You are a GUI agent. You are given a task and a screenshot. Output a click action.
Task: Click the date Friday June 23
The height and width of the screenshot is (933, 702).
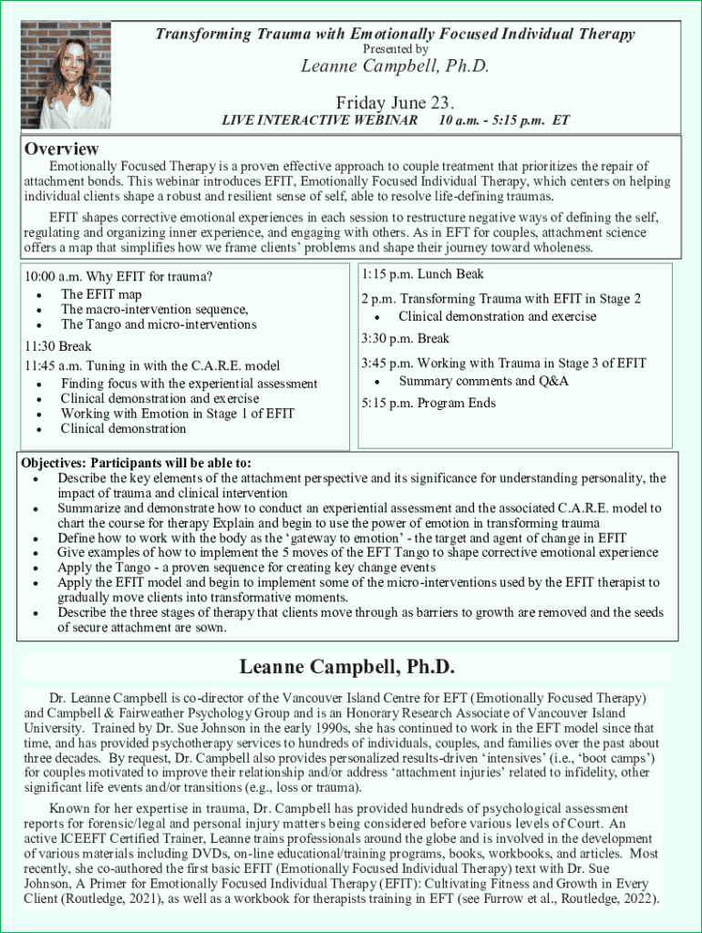point(395,101)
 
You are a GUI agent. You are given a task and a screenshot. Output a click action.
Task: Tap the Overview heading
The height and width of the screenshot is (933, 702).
point(62,149)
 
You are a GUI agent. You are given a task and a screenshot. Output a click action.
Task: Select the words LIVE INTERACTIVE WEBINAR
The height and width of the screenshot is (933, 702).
point(320,120)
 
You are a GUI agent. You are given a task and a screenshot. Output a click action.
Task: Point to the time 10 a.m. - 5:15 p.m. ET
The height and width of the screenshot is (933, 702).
point(503,120)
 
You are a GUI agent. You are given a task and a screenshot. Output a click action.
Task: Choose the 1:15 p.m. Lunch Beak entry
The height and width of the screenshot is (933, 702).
point(422,273)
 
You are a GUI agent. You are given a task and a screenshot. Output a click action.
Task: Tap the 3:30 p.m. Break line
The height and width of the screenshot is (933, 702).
point(405,338)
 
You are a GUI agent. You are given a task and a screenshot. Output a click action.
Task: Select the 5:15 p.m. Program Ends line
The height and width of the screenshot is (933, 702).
point(428,403)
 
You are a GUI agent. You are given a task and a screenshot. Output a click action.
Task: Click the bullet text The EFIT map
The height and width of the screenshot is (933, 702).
point(101,294)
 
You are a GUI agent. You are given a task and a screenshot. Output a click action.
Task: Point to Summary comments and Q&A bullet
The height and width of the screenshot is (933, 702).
point(483,381)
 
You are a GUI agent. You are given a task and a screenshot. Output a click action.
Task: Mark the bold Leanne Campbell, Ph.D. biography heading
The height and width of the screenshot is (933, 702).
point(346,667)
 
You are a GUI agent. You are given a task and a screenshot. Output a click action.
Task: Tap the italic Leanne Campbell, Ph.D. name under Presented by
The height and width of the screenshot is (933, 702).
point(395,67)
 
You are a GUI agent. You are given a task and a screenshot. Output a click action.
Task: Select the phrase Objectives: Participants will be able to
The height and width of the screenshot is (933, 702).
point(136,462)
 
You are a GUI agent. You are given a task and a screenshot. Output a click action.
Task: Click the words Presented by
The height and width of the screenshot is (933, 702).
point(395,49)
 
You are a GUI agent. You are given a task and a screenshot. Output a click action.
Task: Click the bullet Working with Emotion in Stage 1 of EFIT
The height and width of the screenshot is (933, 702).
point(178,414)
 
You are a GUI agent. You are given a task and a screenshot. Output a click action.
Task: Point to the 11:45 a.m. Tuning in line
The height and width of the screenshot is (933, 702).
point(152,365)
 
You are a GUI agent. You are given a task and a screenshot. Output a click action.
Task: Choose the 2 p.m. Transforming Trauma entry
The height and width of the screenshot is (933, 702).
point(501,299)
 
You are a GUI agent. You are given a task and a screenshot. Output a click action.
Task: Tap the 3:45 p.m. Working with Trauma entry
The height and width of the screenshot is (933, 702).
point(503,363)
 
